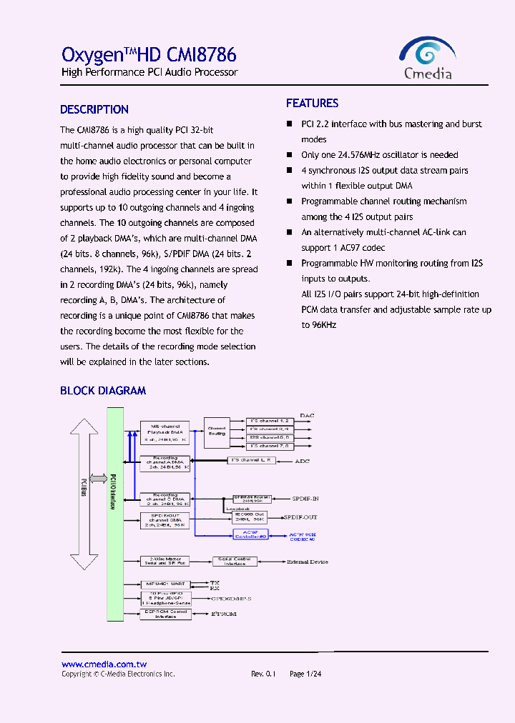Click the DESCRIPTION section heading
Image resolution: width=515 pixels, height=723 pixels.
click(x=94, y=110)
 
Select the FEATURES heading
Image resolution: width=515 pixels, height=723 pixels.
click(x=312, y=104)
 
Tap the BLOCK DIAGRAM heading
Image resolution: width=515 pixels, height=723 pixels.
click(x=103, y=391)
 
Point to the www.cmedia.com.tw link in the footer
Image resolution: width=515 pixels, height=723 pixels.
click(x=104, y=664)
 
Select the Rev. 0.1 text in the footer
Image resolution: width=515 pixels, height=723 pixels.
click(x=263, y=674)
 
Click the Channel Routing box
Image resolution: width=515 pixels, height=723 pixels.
click(x=217, y=431)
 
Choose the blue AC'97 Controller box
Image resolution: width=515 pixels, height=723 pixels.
click(x=250, y=533)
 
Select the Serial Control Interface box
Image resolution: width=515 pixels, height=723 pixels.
click(x=235, y=562)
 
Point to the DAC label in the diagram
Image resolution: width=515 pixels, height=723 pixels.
click(x=307, y=415)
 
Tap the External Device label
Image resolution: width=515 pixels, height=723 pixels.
click(x=308, y=562)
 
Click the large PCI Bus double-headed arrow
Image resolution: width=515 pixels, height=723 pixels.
click(x=84, y=493)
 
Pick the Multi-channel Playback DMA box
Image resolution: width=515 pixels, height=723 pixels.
click(x=165, y=433)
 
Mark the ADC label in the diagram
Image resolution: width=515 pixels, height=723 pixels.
click(x=303, y=462)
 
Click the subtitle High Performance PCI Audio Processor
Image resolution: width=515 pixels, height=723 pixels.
click(x=149, y=73)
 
